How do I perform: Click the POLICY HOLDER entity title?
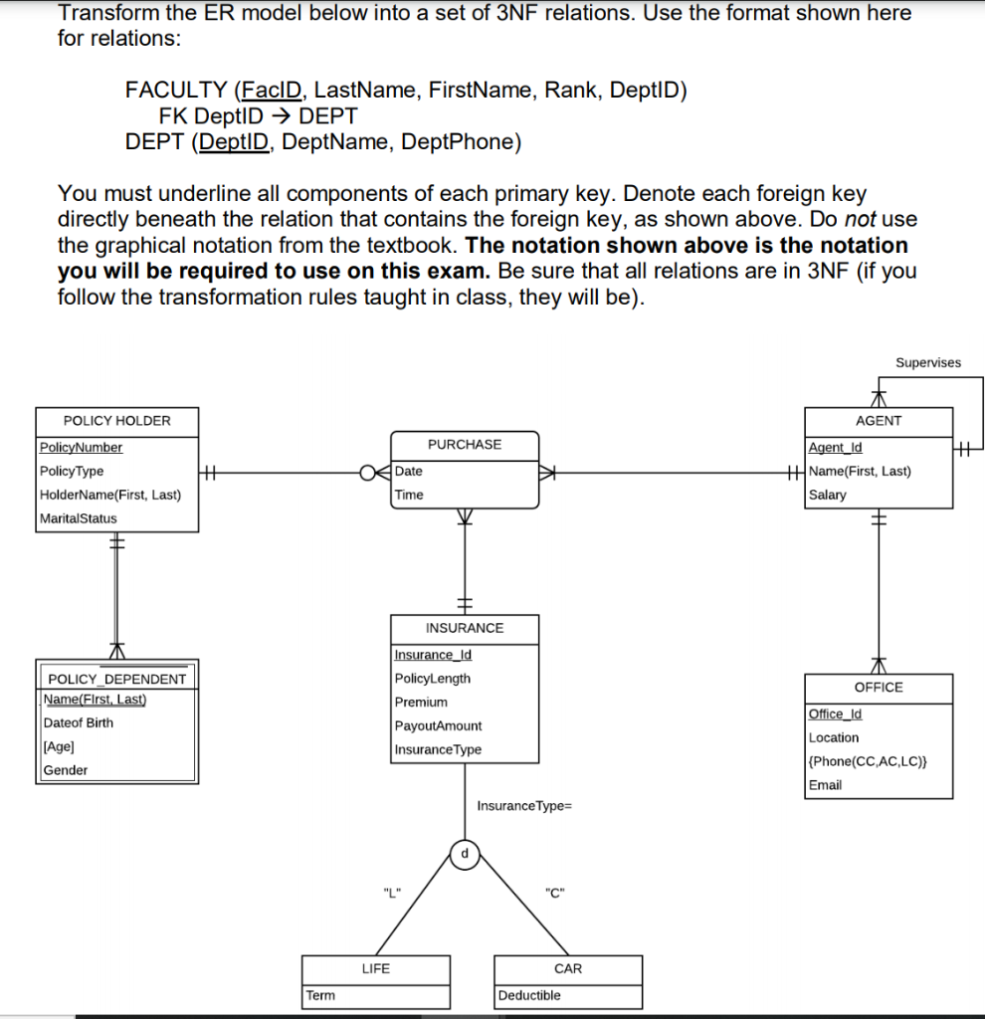[116, 421]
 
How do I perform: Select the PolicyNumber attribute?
[81, 448]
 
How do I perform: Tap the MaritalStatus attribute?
[79, 518]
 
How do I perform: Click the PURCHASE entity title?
[465, 445]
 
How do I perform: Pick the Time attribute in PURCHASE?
[409, 495]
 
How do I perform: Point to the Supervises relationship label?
[927, 363]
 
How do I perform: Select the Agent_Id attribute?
[836, 448]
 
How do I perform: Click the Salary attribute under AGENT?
[828, 495]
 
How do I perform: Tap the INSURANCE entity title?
[465, 628]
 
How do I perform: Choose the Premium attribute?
[421, 703]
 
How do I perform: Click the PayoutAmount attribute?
[438, 726]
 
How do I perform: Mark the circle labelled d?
[465, 853]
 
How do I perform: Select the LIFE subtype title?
[376, 968]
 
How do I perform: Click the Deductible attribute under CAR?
[529, 995]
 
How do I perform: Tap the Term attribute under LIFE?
[320, 995]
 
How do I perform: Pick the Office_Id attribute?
[836, 714]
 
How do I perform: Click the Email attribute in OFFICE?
[825, 785]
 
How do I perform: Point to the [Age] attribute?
[59, 746]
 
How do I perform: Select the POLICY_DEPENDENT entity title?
[117, 679]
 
